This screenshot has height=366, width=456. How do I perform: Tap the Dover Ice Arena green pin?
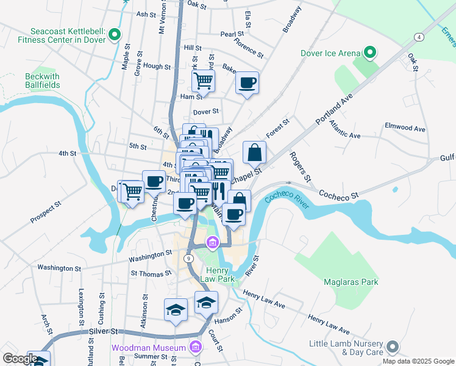pyautogui.click(x=369, y=53)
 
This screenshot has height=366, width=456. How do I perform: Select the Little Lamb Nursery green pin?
pyautogui.click(x=392, y=348)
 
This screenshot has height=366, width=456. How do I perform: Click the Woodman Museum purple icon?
pyautogui.click(x=195, y=348)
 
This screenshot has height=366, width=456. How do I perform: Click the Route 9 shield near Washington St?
pyautogui.click(x=190, y=259)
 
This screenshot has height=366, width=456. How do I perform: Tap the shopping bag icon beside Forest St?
pyautogui.click(x=254, y=152)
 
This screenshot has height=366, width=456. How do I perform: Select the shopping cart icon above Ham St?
pyautogui.click(x=204, y=80)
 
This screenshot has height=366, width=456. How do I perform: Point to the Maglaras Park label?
pyautogui.click(x=351, y=282)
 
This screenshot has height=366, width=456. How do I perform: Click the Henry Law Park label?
pyautogui.click(x=221, y=274)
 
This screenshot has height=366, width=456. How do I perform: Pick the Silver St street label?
pyautogui.click(x=104, y=331)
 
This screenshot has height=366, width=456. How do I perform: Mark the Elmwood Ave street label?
pyautogui.click(x=405, y=129)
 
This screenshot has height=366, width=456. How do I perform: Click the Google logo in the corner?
pyautogui.click(x=20, y=359)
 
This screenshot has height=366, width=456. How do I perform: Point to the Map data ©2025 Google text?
pyautogui.click(x=418, y=361)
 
